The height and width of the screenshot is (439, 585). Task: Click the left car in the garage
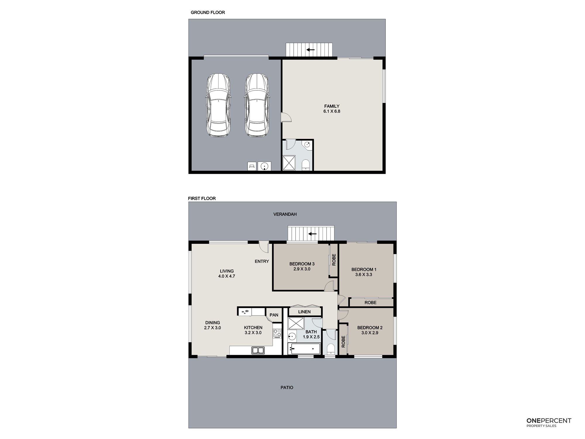click(x=218, y=105)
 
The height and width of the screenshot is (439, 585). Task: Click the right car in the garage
click(x=257, y=105)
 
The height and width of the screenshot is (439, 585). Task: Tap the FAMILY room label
click(x=332, y=106)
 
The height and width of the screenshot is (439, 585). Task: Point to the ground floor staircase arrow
click(x=310, y=50)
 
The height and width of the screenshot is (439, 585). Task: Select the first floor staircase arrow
click(x=312, y=234)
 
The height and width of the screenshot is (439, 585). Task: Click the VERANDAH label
click(x=285, y=214)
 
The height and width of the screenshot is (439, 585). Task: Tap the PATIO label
click(x=287, y=387)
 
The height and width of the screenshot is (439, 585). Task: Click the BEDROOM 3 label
click(x=302, y=264)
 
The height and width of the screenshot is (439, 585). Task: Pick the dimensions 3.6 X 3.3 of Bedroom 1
click(x=364, y=275)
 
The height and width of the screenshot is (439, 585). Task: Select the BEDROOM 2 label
click(x=370, y=328)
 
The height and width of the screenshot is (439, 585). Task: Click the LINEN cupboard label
click(x=304, y=312)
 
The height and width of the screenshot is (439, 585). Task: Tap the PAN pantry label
click(x=274, y=315)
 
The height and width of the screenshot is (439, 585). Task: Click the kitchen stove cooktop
click(x=277, y=333)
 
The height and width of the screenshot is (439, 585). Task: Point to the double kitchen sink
click(x=258, y=350)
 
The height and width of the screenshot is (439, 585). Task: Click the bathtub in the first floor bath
click(x=304, y=349)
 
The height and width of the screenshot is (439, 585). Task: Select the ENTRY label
click(x=262, y=261)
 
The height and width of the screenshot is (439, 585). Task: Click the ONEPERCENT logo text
click(x=549, y=421)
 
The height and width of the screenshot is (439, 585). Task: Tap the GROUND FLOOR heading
click(x=208, y=12)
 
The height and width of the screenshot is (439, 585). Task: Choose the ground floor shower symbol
click(x=289, y=163)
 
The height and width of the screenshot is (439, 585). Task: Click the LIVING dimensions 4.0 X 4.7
click(x=227, y=276)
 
